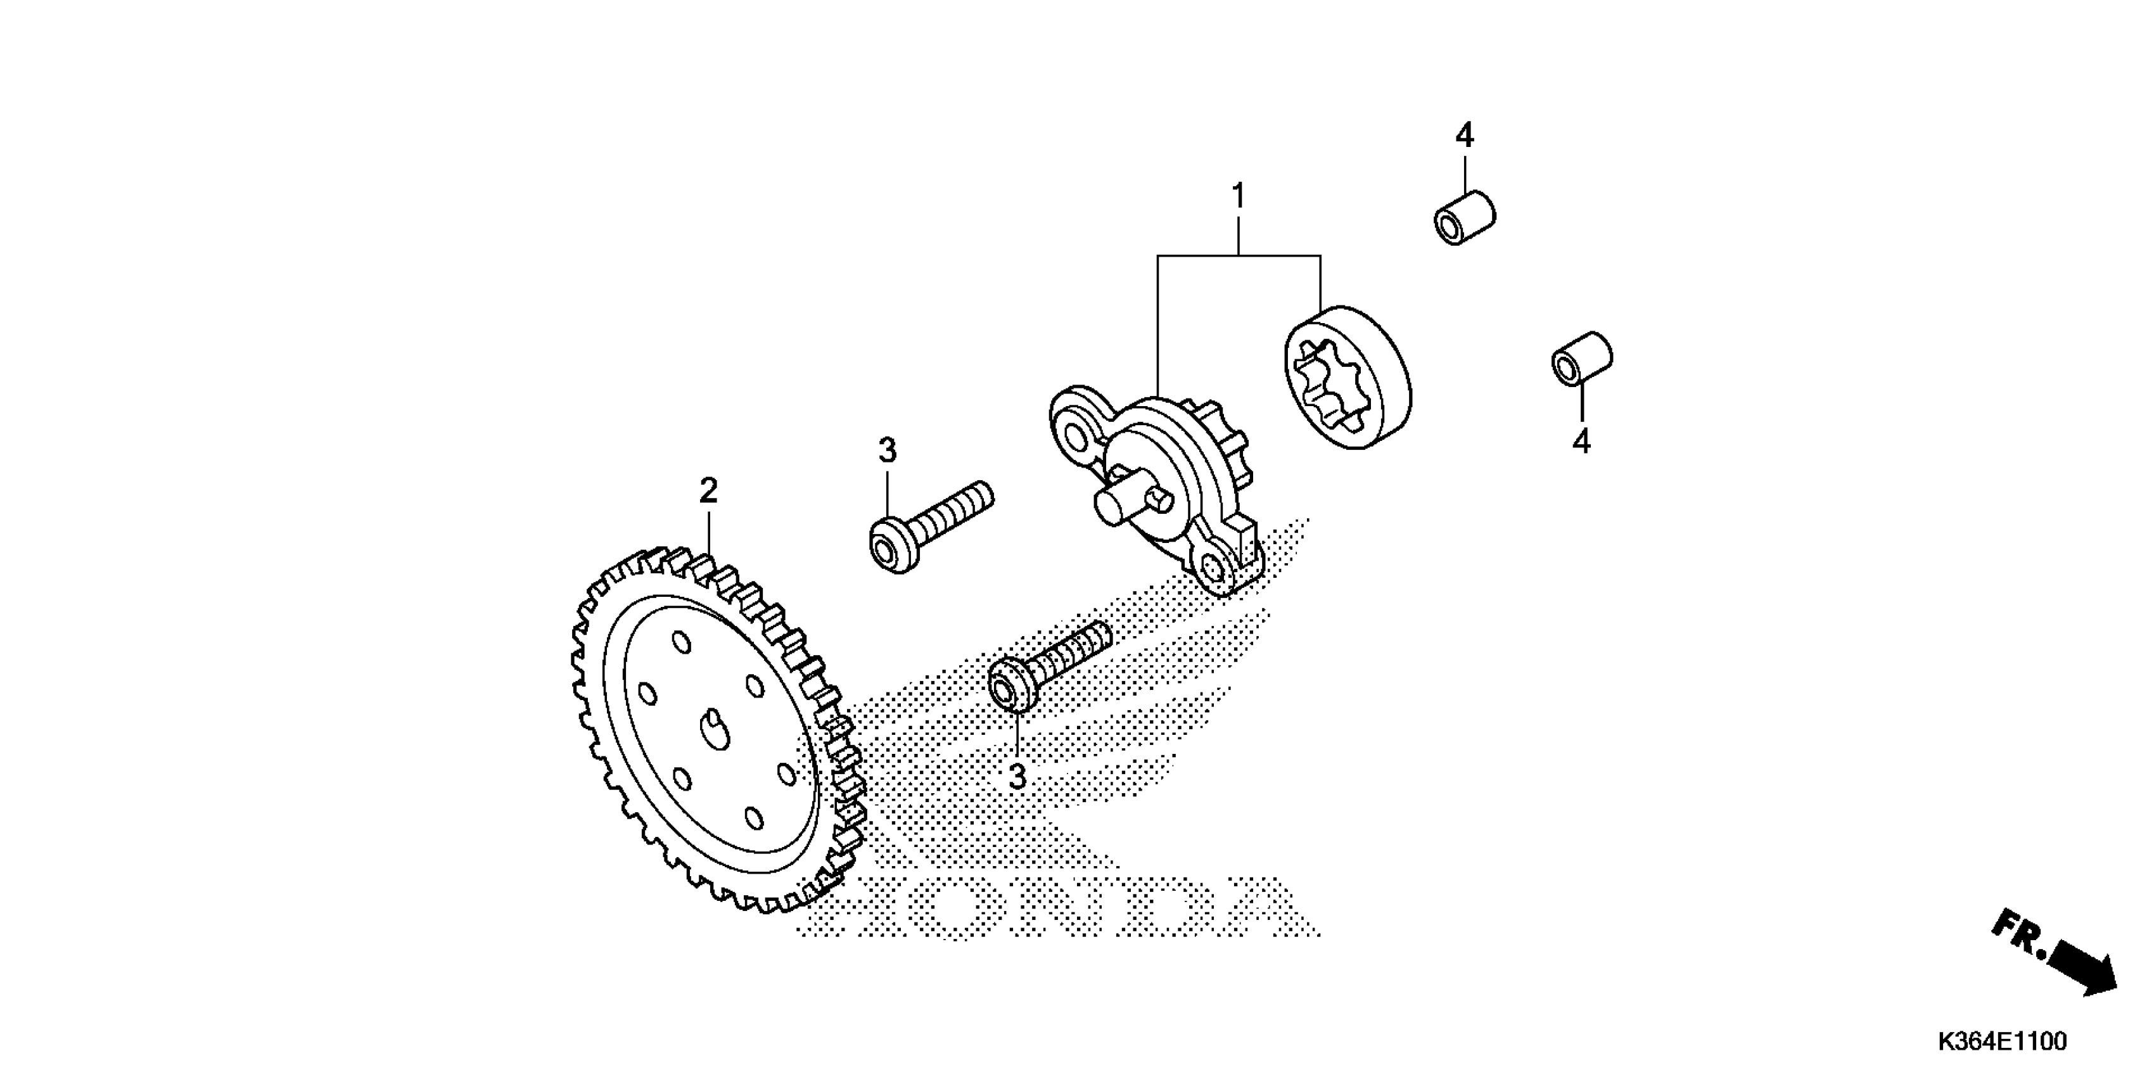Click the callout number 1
(1239, 196)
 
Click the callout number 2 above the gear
(708, 491)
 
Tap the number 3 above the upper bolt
(887, 450)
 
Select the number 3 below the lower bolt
(1017, 777)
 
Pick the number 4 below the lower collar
(1581, 441)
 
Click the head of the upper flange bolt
(887, 546)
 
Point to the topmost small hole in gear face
(682, 642)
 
